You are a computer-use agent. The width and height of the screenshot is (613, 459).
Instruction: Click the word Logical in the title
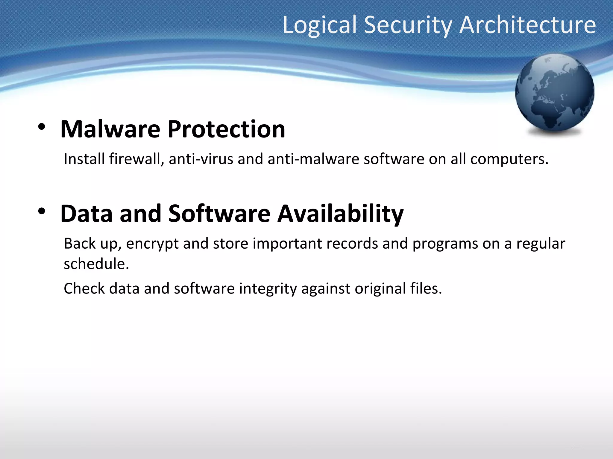coord(320,25)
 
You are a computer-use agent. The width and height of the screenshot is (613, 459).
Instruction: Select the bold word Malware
coord(110,129)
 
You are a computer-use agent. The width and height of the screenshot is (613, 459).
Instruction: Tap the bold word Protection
coord(226,129)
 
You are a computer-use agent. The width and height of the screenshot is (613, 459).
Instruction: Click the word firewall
coord(136,159)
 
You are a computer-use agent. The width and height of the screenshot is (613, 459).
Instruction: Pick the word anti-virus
coord(201,159)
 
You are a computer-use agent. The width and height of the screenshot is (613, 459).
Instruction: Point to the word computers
coord(509,159)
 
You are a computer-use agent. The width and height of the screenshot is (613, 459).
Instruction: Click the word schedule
coord(96,264)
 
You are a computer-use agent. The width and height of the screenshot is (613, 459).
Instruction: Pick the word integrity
coord(268,289)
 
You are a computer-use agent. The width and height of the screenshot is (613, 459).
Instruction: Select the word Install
coord(84,159)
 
